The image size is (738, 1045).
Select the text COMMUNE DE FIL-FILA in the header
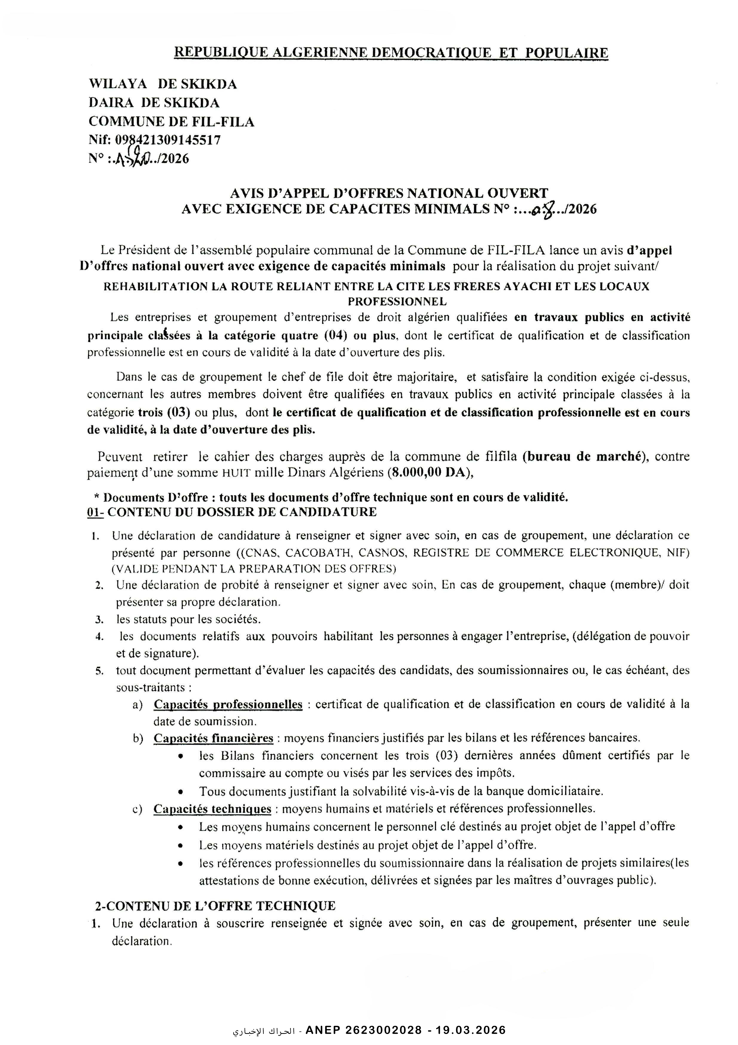click(171, 122)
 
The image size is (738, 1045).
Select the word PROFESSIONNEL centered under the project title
click(397, 301)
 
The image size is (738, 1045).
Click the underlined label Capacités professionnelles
click(228, 705)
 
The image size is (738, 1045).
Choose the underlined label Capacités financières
click(213, 738)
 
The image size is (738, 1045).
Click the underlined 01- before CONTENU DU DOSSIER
click(96, 512)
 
